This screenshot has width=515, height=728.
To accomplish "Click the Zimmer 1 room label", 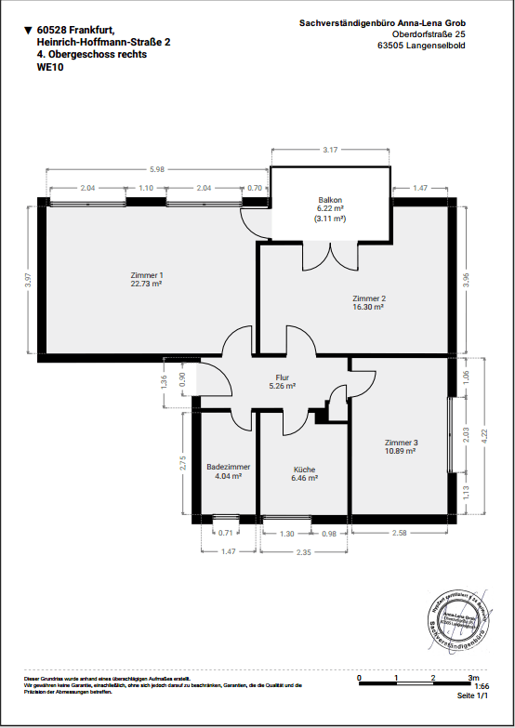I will click(x=147, y=275).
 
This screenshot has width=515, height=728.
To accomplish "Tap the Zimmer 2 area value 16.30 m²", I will click(x=368, y=306).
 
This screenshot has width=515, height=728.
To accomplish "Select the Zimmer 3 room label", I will click(x=402, y=443).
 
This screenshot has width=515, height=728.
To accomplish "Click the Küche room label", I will click(x=305, y=470).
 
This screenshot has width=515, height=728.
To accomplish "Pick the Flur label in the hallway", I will click(x=282, y=377).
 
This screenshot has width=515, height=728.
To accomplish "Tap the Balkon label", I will click(x=330, y=201).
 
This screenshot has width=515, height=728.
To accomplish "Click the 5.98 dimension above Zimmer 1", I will click(x=157, y=169).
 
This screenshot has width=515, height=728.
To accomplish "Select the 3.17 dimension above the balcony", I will click(x=330, y=150).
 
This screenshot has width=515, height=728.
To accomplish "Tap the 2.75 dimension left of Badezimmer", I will click(x=183, y=462).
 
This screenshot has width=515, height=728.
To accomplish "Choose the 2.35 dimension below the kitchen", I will click(x=304, y=552).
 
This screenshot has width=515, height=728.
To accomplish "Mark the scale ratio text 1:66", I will click(x=482, y=686).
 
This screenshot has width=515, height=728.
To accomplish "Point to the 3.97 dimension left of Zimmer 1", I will click(x=29, y=278).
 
